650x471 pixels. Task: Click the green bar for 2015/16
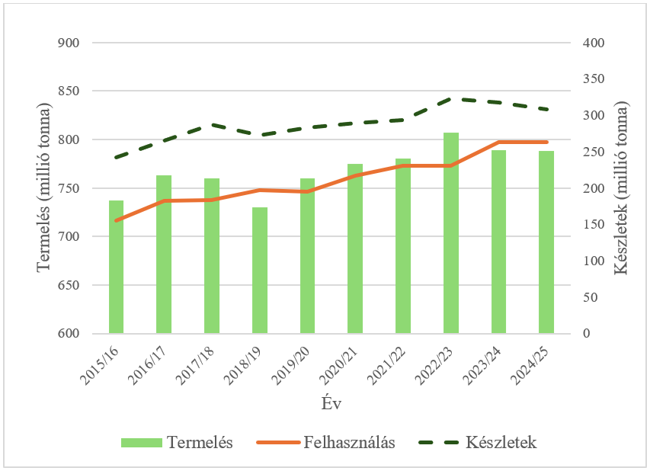click(116, 267)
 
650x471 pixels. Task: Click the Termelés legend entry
click(176, 443)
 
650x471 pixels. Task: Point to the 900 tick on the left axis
click(69, 43)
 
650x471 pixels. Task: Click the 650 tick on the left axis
click(69, 285)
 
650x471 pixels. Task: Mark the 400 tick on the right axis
click(593, 43)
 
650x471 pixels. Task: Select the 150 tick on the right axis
click(593, 225)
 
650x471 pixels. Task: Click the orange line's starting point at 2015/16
click(116, 221)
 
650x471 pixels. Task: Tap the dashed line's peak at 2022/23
click(451, 98)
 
